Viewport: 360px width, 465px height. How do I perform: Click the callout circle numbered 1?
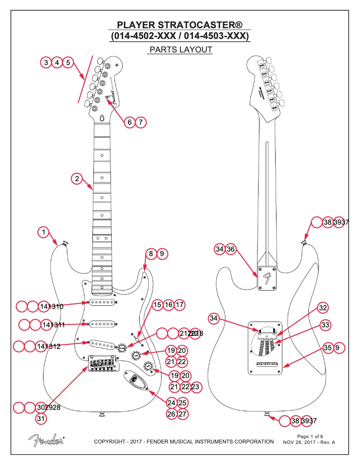pos(43,232)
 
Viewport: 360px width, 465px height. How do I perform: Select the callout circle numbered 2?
pos(77,178)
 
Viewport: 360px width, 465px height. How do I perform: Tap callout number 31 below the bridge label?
pos(41,419)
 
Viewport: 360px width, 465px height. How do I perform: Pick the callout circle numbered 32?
pos(323,308)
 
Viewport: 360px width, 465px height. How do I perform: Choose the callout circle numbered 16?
pos(168,305)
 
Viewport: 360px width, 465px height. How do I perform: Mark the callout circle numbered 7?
pos(140,122)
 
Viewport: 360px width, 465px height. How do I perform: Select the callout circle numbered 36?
pos(230,249)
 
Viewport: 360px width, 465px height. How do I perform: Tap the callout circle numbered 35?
pos(328,348)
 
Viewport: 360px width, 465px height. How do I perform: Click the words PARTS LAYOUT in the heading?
pos(180,50)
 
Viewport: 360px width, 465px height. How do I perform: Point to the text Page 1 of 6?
pos(310,436)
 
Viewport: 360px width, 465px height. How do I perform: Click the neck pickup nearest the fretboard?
pos(101,303)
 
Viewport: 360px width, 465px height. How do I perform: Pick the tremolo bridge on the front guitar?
pos(102,364)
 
